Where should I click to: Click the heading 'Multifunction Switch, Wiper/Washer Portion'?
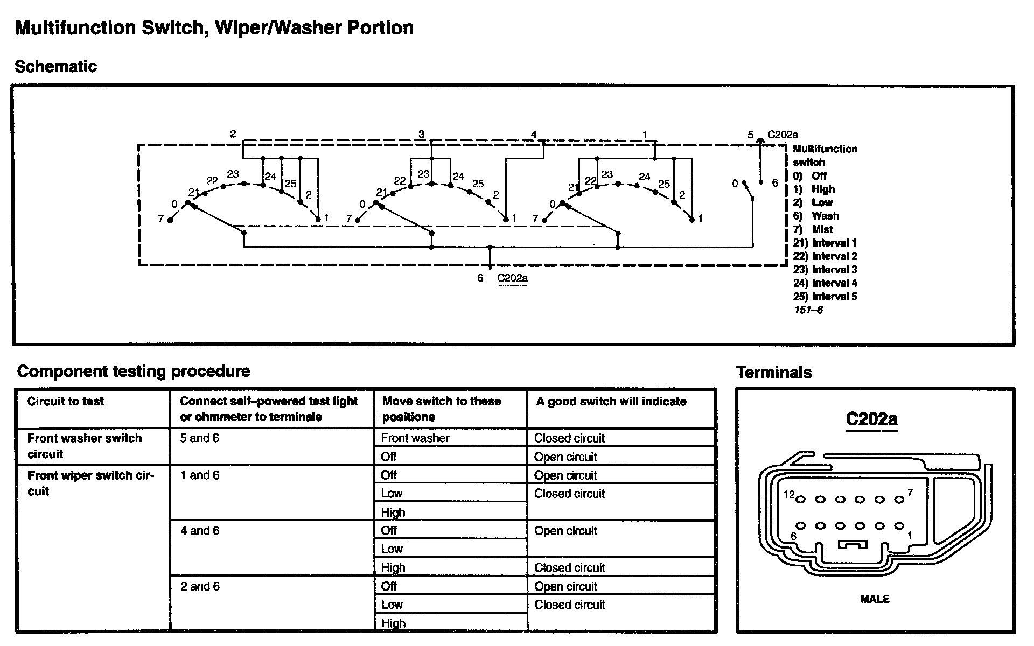tap(214, 28)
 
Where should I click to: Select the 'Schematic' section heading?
tap(56, 67)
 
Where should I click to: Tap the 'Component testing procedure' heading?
tap(134, 371)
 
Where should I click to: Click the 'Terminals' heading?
tap(774, 373)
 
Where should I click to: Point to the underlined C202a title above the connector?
tap(871, 419)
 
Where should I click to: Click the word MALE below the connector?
tap(875, 599)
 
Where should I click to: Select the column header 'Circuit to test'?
tap(66, 401)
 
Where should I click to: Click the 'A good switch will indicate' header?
tap(611, 402)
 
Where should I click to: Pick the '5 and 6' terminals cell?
tap(200, 438)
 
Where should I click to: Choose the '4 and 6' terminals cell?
tap(200, 531)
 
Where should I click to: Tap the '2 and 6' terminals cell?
tap(200, 586)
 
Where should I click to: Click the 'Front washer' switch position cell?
tap(415, 438)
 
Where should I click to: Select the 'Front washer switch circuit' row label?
tap(85, 446)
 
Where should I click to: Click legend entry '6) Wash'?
tap(816, 216)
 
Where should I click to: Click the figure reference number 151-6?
tap(808, 310)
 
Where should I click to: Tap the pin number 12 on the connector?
tap(789, 494)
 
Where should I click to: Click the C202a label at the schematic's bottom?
tap(512, 278)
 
